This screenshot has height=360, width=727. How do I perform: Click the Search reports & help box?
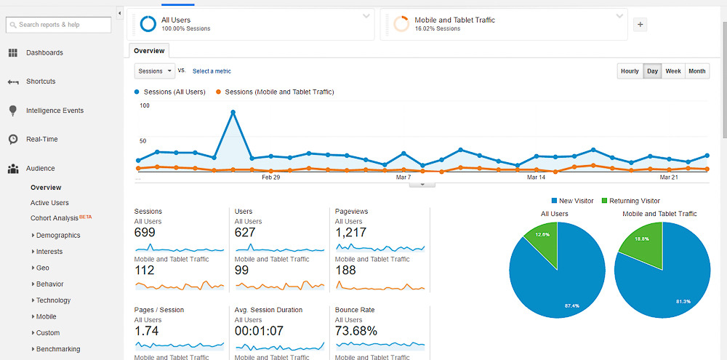pyautogui.click(x=58, y=25)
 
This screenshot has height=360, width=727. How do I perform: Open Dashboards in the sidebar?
pyautogui.click(x=44, y=52)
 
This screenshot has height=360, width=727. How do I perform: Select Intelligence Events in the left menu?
pyautogui.click(x=55, y=111)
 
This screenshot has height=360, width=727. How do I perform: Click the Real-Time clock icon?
pyautogui.click(x=13, y=139)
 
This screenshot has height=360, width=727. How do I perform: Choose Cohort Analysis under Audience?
pyautogui.click(x=55, y=218)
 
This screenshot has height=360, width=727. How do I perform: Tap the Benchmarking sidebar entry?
pyautogui.click(x=58, y=349)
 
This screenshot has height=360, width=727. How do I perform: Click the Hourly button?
pyautogui.click(x=630, y=71)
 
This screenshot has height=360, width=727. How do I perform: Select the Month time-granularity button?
pyautogui.click(x=696, y=71)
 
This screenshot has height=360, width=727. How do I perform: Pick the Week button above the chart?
pyautogui.click(x=673, y=71)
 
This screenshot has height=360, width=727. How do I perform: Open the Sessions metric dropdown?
pyautogui.click(x=155, y=71)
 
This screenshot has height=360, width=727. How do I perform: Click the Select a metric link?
pyautogui.click(x=212, y=71)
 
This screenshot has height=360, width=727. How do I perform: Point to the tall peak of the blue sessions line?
pyautogui.click(x=233, y=112)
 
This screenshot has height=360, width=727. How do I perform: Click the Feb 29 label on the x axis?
pyautogui.click(x=270, y=177)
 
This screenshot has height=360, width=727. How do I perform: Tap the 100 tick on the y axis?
pyautogui.click(x=144, y=105)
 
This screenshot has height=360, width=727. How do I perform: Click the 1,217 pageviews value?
pyautogui.click(x=350, y=233)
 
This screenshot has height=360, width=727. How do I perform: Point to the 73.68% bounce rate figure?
pyautogui.click(x=356, y=332)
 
